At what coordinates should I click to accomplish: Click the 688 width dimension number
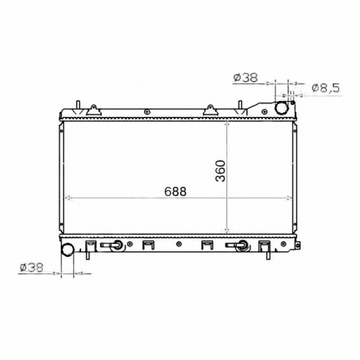pyautogui.click(x=175, y=192)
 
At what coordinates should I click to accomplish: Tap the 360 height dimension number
pyautogui.click(x=220, y=171)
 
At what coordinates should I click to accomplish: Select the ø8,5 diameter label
pyautogui.click(x=326, y=88)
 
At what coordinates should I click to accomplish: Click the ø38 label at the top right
pyautogui.click(x=245, y=78)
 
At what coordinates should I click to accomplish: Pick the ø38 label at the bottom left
pyautogui.click(x=31, y=268)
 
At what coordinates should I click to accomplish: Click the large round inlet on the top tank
pyautogui.click(x=282, y=107)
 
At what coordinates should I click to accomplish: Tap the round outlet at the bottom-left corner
pyautogui.click(x=67, y=249)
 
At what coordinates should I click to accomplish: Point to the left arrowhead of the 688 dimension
pyautogui.click(x=67, y=198)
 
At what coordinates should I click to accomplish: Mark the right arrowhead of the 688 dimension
pyautogui.click(x=289, y=198)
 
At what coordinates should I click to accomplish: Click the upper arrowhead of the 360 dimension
pyautogui.click(x=227, y=124)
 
